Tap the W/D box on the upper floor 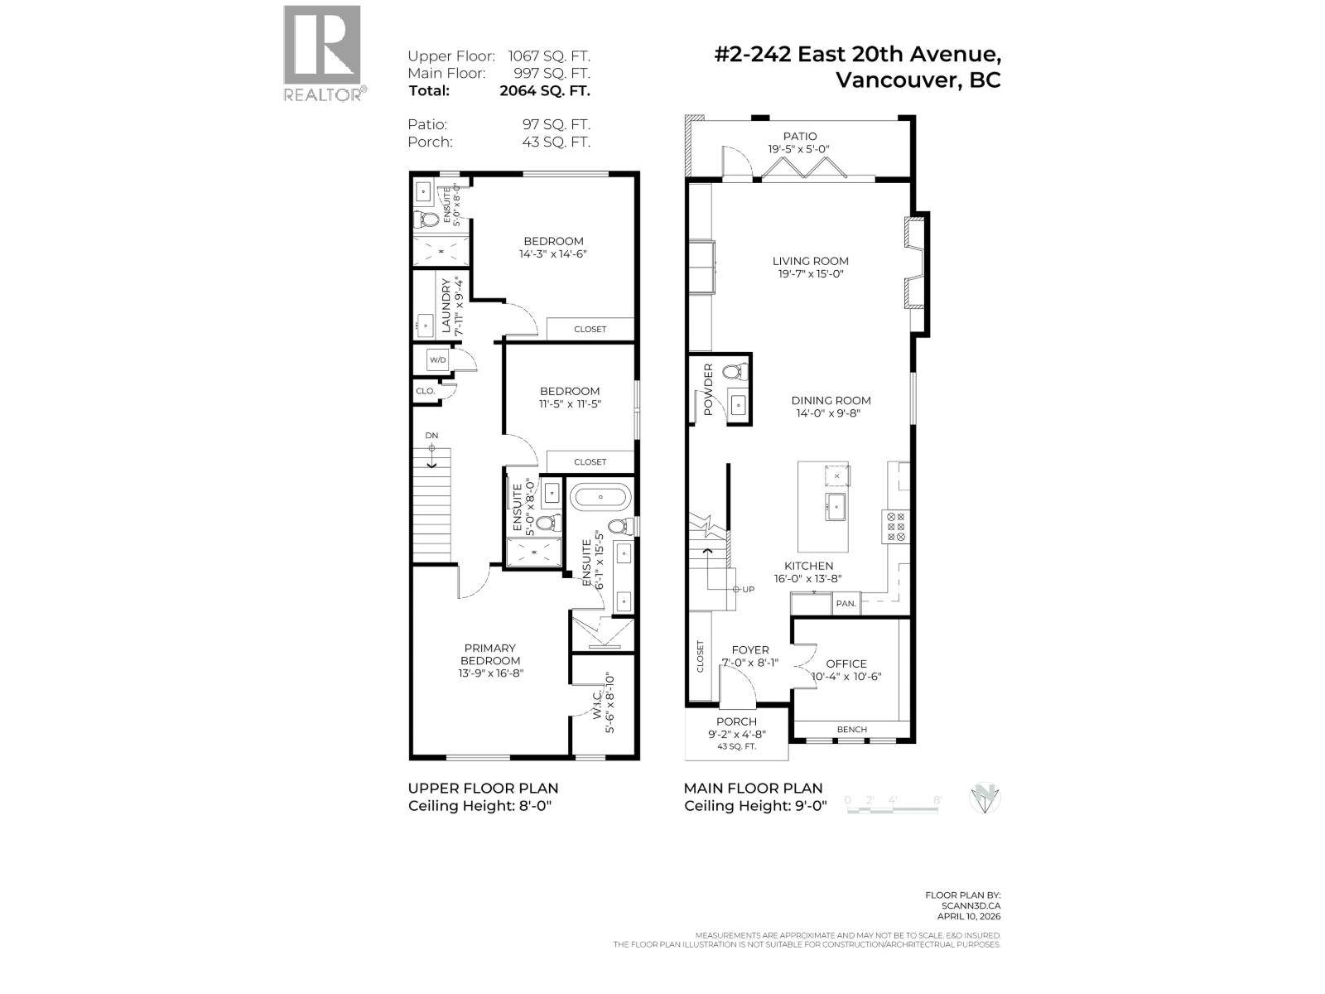[x=437, y=360]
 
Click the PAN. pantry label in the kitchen [x=846, y=604]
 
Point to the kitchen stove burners [x=896, y=527]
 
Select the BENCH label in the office [x=852, y=730]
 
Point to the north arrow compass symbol [x=985, y=799]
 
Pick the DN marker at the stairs [x=431, y=436]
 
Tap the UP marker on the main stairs [x=748, y=590]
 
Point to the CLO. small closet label [x=426, y=391]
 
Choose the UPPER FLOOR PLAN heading [x=483, y=789]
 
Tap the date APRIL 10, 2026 [x=971, y=916]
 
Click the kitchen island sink [x=836, y=504]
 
